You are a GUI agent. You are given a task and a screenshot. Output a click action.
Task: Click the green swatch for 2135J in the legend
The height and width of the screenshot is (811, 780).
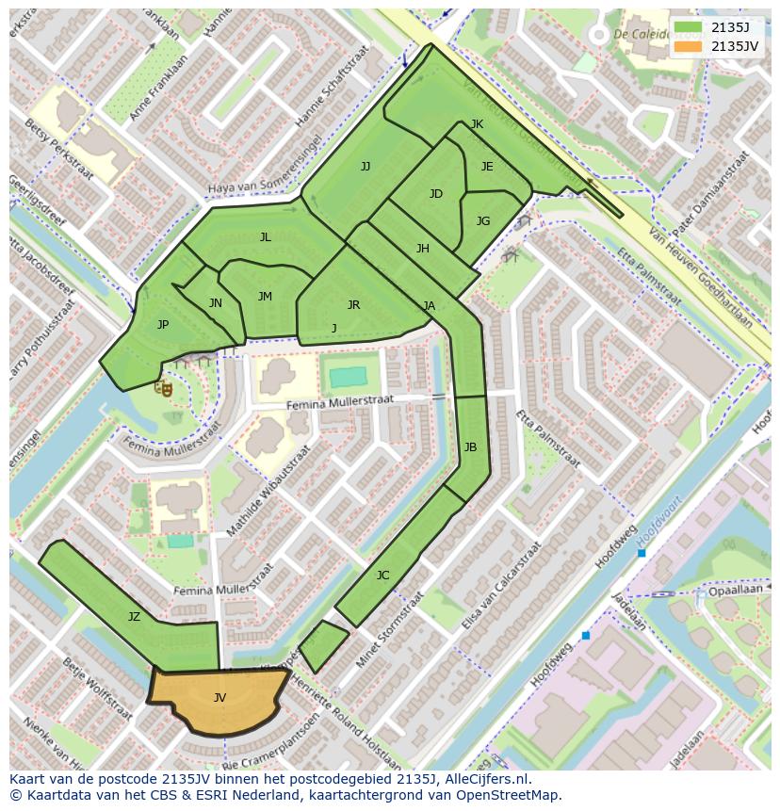pyautogui.click(x=689, y=27)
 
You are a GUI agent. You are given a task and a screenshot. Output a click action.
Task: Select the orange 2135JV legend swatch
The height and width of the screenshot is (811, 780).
pyautogui.click(x=689, y=45)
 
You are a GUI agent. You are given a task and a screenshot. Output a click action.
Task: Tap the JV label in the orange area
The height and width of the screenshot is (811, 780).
pyautogui.click(x=219, y=698)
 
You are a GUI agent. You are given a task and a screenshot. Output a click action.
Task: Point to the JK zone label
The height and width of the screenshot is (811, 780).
pyautogui.click(x=477, y=124)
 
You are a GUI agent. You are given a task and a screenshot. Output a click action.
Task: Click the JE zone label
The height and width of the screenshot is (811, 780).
pyautogui.click(x=487, y=167)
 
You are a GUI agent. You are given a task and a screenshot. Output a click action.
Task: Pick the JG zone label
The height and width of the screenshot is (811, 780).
pyautogui.click(x=483, y=221)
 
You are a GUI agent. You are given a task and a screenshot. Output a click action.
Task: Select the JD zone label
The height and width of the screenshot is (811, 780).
pyautogui.click(x=435, y=194)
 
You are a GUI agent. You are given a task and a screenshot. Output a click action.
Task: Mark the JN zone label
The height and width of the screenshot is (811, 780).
pyautogui.click(x=216, y=303)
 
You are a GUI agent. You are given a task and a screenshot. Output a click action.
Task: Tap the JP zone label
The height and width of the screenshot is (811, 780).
pyautogui.click(x=163, y=325)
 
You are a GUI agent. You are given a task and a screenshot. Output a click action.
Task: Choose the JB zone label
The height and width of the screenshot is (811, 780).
pyautogui.click(x=470, y=447)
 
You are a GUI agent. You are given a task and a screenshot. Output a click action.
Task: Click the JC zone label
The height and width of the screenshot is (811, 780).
pyautogui.click(x=382, y=576)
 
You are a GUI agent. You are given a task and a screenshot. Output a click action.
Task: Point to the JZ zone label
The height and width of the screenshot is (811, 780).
pyautogui.click(x=134, y=617)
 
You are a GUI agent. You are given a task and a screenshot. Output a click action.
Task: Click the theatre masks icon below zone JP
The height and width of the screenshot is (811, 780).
pyautogui.click(x=165, y=386)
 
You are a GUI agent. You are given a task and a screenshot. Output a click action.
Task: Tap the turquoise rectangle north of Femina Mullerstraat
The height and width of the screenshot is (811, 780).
pyautogui.click(x=348, y=378)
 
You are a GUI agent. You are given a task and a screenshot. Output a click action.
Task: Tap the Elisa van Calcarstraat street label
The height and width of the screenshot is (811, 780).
pyautogui.click(x=500, y=587)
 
